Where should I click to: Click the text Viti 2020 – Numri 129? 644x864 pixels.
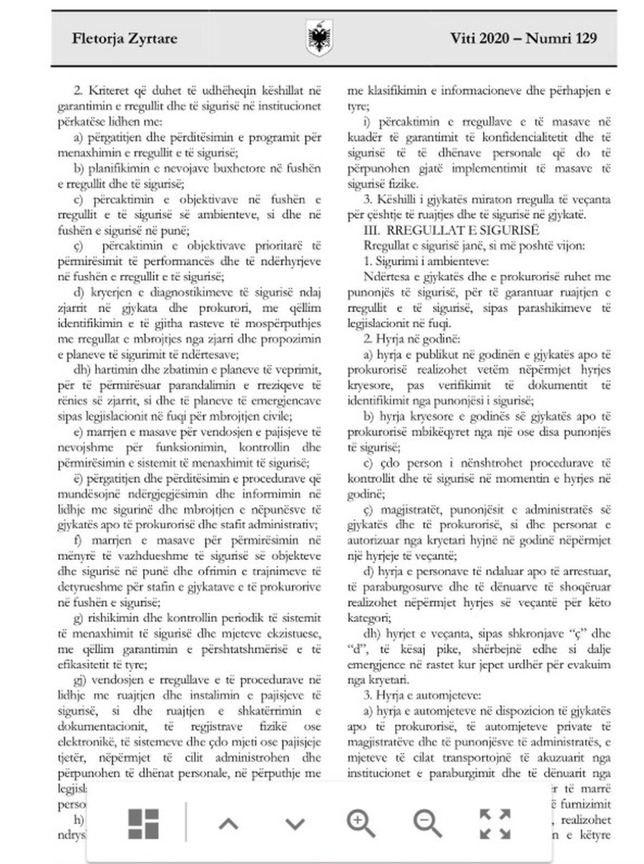(x=524, y=39)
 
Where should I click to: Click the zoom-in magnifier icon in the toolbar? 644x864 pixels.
(x=361, y=824)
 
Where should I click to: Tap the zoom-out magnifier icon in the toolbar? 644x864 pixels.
(x=427, y=824)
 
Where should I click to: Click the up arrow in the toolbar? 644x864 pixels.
(x=228, y=824)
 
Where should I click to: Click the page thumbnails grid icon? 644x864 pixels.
(x=143, y=824)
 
